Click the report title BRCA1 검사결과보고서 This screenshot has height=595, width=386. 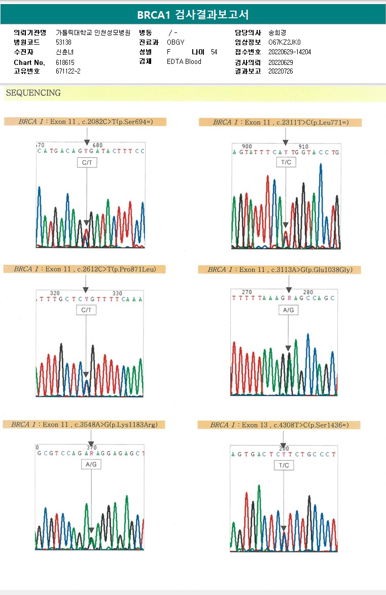pos(193,15)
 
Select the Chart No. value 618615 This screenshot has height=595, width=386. pos(65,62)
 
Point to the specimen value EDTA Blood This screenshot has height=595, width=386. pos(184,62)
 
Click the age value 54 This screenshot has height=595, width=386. pos(214,52)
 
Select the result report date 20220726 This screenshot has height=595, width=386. pos(280,71)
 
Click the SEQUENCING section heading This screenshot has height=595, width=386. pos(33,93)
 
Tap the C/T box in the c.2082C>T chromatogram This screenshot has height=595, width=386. pos(87,163)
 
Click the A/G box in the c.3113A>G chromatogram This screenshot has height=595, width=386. pos(288,310)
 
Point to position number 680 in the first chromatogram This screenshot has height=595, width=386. pos(97,145)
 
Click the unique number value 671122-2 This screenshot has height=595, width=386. pos(68,72)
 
